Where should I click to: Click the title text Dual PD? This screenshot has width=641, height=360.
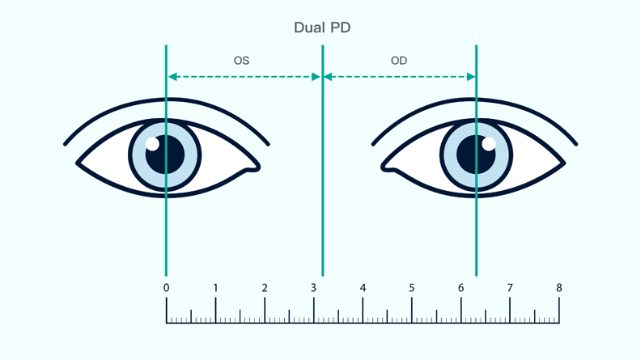[x=321, y=28]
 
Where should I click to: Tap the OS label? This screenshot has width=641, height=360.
[x=241, y=60]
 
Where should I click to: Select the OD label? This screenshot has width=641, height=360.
[x=398, y=60]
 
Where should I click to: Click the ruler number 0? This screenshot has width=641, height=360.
[x=166, y=288]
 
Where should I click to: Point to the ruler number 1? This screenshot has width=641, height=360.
[x=215, y=288]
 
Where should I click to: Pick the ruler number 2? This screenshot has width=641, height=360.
[x=265, y=288]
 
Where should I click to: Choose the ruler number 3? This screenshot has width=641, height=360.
[x=313, y=288]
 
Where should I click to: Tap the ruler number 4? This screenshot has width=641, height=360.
[x=363, y=288]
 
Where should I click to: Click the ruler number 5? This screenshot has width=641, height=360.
[x=412, y=288]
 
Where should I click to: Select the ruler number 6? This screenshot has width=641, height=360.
[x=461, y=288]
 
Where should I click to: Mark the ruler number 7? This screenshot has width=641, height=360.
[x=510, y=288]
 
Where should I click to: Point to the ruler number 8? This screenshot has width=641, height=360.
[x=558, y=288]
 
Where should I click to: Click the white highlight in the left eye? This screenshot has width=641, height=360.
[x=152, y=144]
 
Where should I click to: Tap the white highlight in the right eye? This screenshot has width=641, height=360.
[x=488, y=144]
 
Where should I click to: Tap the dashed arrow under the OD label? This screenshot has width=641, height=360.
[x=399, y=77]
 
